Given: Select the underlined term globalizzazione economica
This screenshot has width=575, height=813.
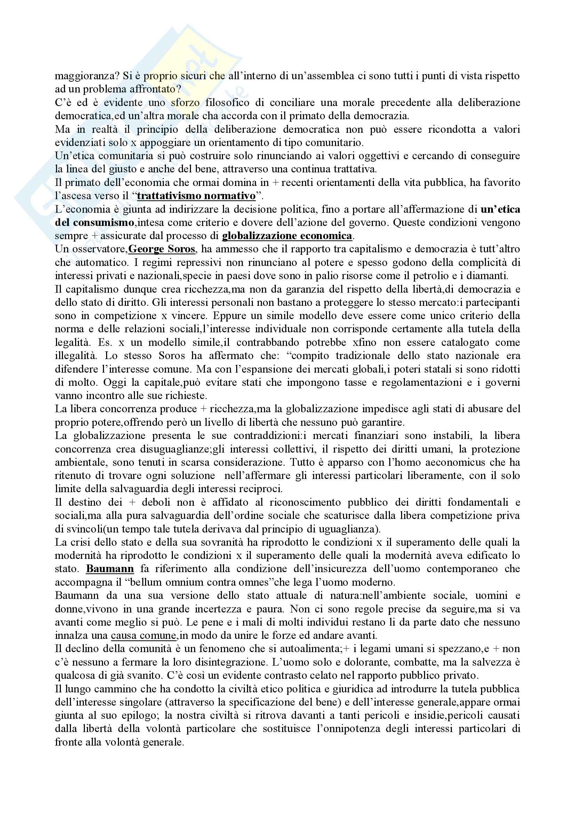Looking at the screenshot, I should point(287,236).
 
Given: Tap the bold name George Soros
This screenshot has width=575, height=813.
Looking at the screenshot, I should point(161,249).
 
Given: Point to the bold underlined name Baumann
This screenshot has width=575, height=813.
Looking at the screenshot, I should point(110,569).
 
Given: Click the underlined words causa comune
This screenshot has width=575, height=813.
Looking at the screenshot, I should point(143,636).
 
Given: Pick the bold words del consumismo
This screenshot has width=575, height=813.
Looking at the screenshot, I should point(94,223).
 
